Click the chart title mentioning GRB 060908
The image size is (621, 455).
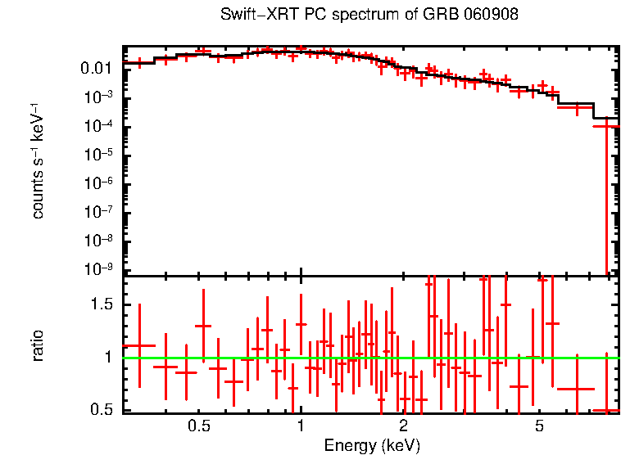pyautogui.click(x=369, y=16)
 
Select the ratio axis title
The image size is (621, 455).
pyautogui.click(x=38, y=346)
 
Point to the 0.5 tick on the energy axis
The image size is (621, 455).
pyautogui.click(x=199, y=426)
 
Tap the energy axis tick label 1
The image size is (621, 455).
pyautogui.click(x=301, y=426)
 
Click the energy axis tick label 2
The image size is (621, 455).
pyautogui.click(x=403, y=426)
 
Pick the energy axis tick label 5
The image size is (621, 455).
pyautogui.click(x=539, y=426)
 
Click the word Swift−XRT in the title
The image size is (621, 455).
pyautogui.click(x=250, y=16)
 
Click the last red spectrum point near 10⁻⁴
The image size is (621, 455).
pyautogui.click(x=606, y=126)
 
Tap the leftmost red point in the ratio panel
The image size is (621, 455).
pyautogui.click(x=140, y=345)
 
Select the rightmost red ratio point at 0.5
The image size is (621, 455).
pyautogui.click(x=606, y=410)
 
